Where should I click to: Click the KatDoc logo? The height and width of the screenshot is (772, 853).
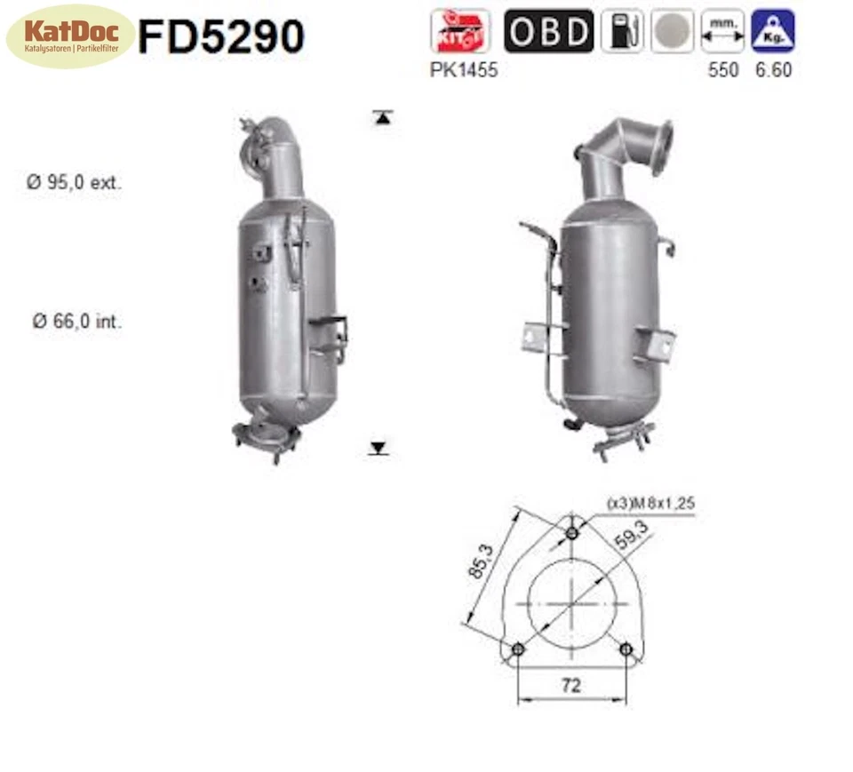point(70,36)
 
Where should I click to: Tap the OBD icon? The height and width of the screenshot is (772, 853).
point(548,31)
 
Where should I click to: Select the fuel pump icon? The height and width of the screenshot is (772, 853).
point(622,31)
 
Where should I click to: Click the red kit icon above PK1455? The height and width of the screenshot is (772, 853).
point(459,31)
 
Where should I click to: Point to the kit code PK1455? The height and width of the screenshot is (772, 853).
point(464,70)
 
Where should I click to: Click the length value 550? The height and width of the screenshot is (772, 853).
point(722,70)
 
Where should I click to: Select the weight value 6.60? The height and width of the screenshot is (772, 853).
point(773,70)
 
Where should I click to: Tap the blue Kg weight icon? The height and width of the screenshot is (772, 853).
point(772,31)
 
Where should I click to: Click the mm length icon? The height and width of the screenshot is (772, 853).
point(722,31)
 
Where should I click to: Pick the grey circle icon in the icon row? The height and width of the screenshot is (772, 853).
point(672,31)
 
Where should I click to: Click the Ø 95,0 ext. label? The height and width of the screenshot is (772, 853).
point(74,183)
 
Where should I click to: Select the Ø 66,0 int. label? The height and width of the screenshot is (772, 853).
point(77,322)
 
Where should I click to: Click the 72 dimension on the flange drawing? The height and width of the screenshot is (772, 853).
point(571,685)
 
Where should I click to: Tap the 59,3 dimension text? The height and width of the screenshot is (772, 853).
point(630,537)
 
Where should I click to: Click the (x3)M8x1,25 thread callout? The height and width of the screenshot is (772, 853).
point(650,504)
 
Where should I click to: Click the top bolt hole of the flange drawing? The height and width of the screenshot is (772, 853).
point(572,533)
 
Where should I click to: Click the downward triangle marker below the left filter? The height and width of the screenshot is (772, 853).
point(379,448)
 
